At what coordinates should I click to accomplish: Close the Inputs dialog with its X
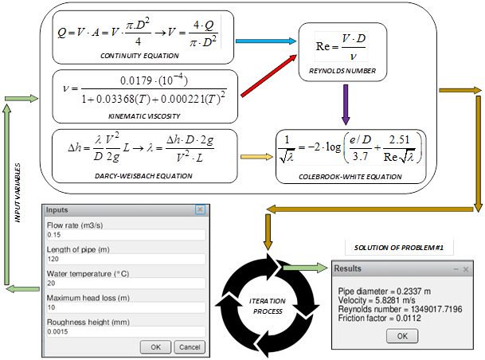pyautogui.click(x=200, y=210)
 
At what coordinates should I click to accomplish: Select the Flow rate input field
pyautogui.click(x=123, y=235)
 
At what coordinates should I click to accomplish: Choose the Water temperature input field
pyautogui.click(x=123, y=283)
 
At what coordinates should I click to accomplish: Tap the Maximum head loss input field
pyautogui.click(x=123, y=307)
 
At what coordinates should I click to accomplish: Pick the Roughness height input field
pyautogui.click(x=123, y=331)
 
